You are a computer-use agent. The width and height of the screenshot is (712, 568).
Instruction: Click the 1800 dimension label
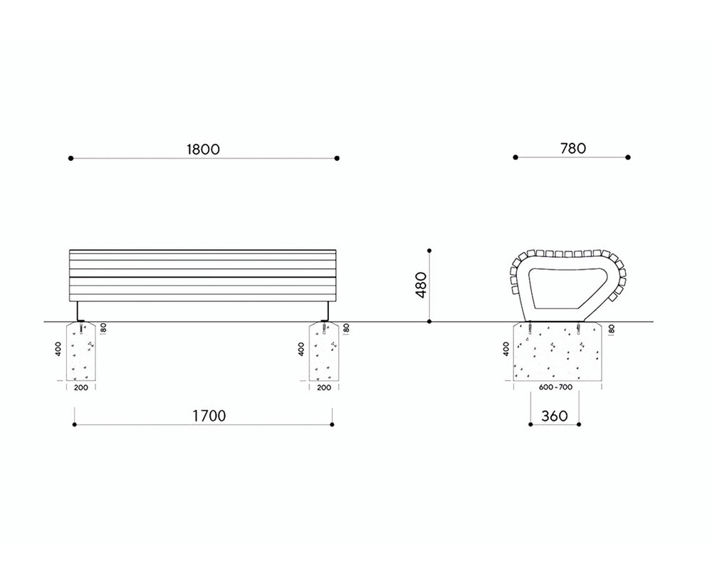[203, 149]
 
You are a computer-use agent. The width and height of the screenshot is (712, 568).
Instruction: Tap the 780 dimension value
[573, 149]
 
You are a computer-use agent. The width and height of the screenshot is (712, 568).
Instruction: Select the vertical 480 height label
[421, 285]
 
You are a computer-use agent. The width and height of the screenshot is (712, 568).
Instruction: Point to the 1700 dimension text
[209, 416]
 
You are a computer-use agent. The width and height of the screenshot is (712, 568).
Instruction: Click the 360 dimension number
[555, 416]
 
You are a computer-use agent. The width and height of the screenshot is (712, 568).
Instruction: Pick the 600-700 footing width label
[556, 387]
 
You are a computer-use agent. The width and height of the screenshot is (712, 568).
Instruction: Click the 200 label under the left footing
[81, 388]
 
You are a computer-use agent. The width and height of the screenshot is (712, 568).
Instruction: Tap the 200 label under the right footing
[324, 388]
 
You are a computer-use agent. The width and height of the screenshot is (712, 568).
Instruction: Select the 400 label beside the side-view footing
[506, 349]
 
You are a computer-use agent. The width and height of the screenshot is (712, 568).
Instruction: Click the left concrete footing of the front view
[81, 352]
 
